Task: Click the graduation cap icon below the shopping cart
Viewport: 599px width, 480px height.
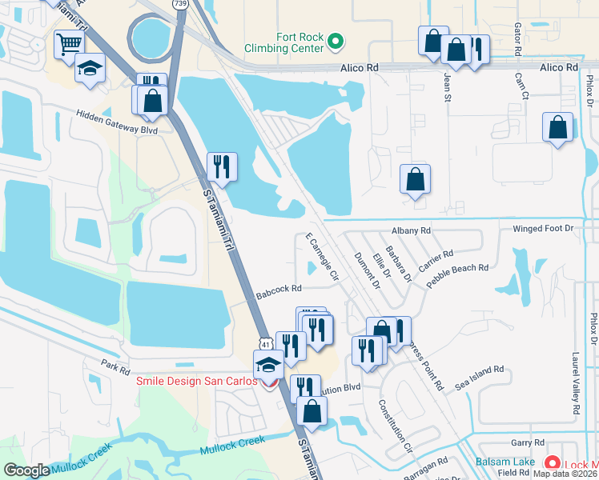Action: [x=90, y=68]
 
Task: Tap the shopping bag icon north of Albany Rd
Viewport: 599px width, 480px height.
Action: [x=415, y=180]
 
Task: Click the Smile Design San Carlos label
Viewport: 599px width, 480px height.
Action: [x=196, y=382]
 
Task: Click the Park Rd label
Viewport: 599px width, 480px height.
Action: [x=115, y=368]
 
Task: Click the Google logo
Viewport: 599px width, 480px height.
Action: [x=26, y=470]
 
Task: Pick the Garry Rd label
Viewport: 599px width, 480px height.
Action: [x=528, y=442]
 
